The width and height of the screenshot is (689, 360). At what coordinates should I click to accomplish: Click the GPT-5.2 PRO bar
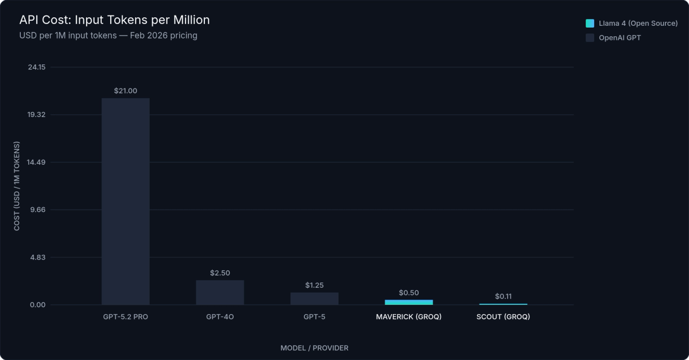pyautogui.click(x=126, y=201)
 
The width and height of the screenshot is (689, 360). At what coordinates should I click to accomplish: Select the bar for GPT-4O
pyautogui.click(x=220, y=292)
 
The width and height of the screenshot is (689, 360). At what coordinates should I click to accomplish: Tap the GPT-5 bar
pyautogui.click(x=314, y=299)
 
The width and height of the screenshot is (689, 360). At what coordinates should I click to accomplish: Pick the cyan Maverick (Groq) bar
pyautogui.click(x=409, y=302)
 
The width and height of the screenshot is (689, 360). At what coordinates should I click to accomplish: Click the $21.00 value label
pyautogui.click(x=126, y=91)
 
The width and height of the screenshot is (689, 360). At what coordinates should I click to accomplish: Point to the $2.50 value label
pyautogui.click(x=220, y=273)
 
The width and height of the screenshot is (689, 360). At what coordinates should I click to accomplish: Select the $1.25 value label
pyautogui.click(x=314, y=285)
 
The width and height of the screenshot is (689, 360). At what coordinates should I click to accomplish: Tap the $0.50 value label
pyautogui.click(x=409, y=292)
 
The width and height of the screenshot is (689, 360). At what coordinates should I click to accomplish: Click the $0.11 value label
pyautogui.click(x=503, y=296)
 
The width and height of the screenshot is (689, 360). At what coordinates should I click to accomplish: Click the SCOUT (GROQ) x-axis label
pyautogui.click(x=503, y=317)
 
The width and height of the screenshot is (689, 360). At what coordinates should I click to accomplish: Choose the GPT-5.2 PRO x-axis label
pyautogui.click(x=126, y=317)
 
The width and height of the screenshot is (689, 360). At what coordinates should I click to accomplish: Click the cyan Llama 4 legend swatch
pyautogui.click(x=590, y=24)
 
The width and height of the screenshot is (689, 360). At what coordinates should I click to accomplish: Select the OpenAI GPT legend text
pyautogui.click(x=620, y=38)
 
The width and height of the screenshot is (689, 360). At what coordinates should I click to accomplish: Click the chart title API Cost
pyautogui.click(x=114, y=20)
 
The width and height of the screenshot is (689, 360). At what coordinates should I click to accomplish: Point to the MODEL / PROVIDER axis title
pyautogui.click(x=314, y=348)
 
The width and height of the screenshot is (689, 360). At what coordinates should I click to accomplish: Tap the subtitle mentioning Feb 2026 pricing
pyautogui.click(x=108, y=36)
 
